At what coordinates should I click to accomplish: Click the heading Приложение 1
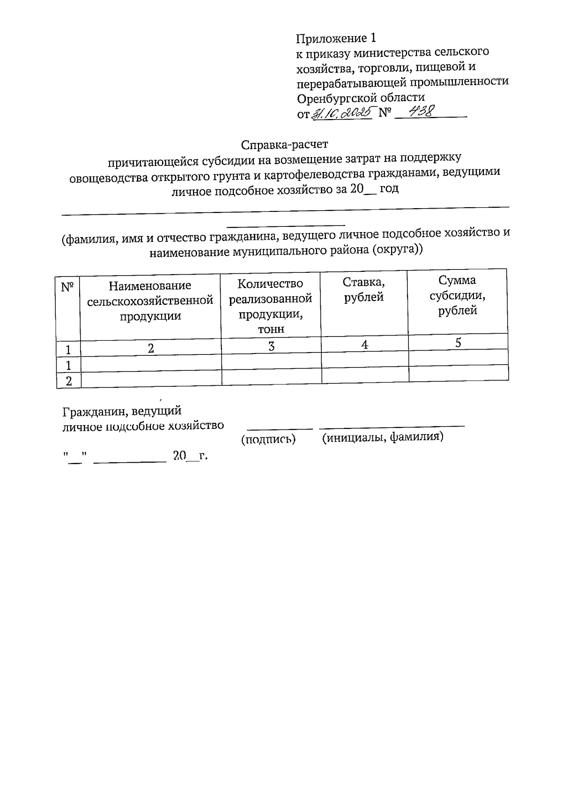coord(336,38)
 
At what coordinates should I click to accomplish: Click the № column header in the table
coord(68,287)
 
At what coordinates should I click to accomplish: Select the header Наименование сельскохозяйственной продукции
coord(150,300)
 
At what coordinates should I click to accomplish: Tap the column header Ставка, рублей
coord(364,290)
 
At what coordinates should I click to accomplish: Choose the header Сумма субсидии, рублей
coord(458,295)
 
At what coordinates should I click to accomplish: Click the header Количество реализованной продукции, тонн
coord(271,306)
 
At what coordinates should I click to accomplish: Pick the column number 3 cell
coord(271,346)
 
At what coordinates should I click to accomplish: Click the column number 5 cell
coord(458,343)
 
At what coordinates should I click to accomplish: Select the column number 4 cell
coord(364,345)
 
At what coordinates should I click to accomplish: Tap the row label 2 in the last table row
coord(69,381)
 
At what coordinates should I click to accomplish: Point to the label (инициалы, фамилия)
coord(383,437)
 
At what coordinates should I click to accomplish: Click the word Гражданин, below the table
coord(95,412)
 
